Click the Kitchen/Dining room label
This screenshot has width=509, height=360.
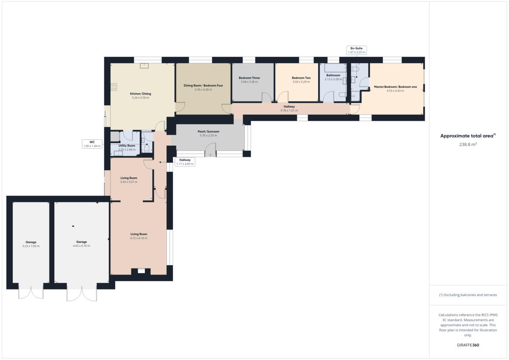click(140, 94)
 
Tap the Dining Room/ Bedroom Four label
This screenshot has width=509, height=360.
click(203, 86)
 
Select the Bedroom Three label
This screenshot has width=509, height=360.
click(249, 78)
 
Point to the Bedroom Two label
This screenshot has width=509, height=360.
click(301, 78)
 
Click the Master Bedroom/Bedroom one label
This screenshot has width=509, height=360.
click(395, 87)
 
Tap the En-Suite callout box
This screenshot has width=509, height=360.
click(356, 50)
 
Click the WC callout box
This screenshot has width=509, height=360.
click(92, 144)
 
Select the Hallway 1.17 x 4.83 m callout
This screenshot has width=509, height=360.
click(185, 162)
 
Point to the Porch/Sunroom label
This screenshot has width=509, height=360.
click(208, 131)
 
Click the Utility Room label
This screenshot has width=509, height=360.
click(126, 145)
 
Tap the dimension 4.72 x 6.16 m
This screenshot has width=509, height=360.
click(139, 238)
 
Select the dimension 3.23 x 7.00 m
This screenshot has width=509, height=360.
click(31, 246)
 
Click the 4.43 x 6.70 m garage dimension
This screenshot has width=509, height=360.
click(81, 246)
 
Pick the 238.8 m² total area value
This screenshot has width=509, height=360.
click(468, 144)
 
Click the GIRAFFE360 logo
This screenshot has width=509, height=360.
click(468, 345)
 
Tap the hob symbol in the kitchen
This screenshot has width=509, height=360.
click(114, 87)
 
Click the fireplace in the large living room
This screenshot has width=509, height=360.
click(142, 271)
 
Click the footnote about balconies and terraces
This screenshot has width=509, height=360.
click(468, 295)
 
